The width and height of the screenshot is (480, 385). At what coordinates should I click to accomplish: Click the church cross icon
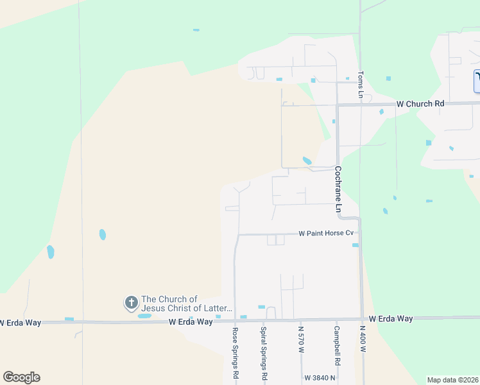click(x=131, y=302)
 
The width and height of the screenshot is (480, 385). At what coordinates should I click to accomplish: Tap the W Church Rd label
click(x=420, y=103)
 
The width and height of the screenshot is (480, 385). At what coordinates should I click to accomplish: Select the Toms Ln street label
click(x=361, y=85)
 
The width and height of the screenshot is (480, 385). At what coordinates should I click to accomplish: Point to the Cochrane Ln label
click(x=337, y=189)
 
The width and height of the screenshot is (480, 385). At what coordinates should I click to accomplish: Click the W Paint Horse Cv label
click(x=326, y=234)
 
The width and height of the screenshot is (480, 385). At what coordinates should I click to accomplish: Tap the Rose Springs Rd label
click(x=236, y=352)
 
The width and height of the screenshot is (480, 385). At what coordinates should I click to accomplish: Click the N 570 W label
click(x=300, y=339)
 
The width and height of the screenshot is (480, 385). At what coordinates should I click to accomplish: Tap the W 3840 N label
click(x=320, y=378)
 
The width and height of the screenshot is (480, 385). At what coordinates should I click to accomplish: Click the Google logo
click(x=21, y=377)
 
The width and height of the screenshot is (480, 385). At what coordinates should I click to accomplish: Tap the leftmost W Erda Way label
click(x=21, y=322)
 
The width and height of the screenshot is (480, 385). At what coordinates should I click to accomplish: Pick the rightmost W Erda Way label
click(x=391, y=318)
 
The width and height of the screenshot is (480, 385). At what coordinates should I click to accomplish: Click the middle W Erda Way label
click(x=191, y=321)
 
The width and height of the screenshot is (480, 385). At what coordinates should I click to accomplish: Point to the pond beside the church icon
click(x=144, y=316)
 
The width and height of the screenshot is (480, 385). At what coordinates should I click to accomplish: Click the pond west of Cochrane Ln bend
click(x=307, y=160)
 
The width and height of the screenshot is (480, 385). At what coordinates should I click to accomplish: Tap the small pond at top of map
click(x=196, y=30)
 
